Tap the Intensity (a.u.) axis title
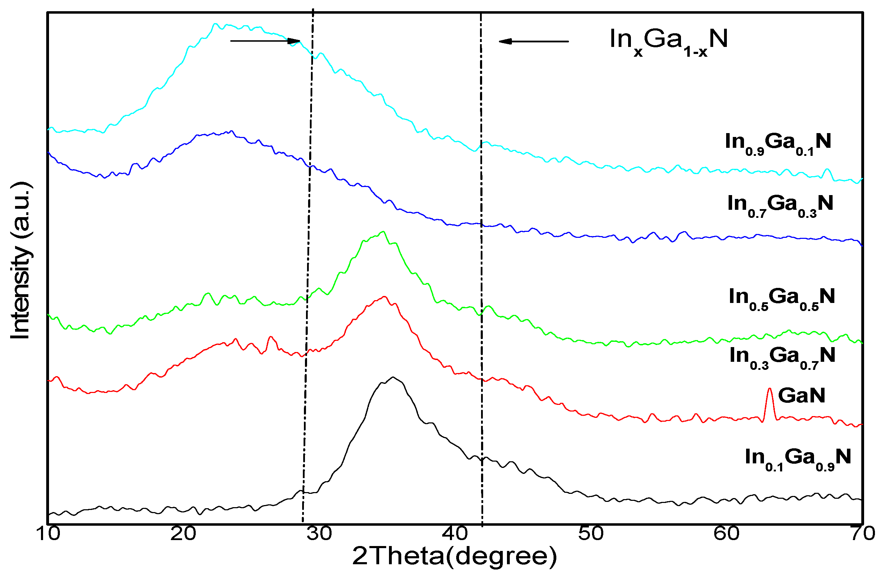21,261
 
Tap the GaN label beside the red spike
801,395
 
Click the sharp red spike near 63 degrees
770,389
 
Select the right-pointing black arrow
265,41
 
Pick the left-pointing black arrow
533,41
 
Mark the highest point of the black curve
393,378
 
